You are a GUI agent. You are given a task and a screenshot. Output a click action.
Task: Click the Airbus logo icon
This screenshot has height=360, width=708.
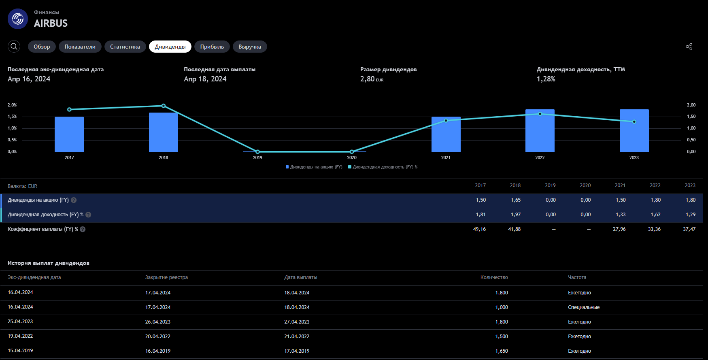click(18, 19)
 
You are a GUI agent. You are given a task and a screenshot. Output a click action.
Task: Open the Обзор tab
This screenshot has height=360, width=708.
click(42, 47)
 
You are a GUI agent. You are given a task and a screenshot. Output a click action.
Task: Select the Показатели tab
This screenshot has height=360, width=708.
click(80, 47)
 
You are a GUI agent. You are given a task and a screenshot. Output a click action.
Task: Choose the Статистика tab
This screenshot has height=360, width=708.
click(125, 47)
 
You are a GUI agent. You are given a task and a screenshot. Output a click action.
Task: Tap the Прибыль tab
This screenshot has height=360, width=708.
click(212, 47)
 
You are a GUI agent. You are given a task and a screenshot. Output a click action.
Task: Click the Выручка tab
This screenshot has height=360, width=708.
click(250, 47)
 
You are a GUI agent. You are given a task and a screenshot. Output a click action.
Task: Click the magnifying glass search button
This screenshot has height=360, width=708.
click(14, 47)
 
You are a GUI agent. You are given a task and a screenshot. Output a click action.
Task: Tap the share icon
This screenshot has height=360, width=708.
click(689, 47)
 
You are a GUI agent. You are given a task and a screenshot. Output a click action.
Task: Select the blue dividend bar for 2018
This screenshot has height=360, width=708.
click(164, 132)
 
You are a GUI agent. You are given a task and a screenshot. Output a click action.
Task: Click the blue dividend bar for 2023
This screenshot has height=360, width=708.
click(634, 130)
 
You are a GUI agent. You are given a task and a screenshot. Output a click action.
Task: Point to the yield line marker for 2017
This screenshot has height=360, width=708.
click(69, 109)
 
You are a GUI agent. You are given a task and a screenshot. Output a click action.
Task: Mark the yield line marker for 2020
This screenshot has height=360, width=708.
click(352, 152)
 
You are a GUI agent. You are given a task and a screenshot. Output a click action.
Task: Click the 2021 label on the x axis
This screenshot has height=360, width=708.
click(446, 158)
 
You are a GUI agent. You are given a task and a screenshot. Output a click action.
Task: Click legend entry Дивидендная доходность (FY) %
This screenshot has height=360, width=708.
click(383, 167)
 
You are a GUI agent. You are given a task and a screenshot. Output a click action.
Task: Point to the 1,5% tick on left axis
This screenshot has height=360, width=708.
click(12, 117)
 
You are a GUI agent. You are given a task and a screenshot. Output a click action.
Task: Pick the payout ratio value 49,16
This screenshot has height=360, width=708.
click(479, 229)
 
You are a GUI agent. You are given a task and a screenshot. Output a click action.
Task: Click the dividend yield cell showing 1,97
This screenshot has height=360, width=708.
click(516, 215)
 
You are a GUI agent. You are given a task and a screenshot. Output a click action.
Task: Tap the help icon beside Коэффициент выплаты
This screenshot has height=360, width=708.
click(83, 229)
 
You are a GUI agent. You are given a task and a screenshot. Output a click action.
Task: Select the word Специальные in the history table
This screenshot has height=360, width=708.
click(584, 307)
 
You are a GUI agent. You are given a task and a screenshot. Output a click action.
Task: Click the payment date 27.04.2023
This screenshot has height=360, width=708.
click(297, 322)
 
